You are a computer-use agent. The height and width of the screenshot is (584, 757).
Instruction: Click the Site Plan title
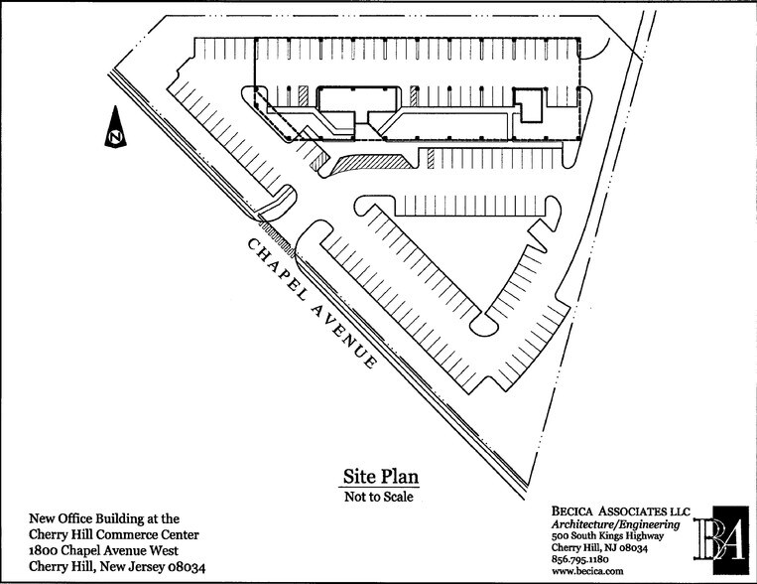click(381, 476)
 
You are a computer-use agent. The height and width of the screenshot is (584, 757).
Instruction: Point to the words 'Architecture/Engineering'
click(615, 523)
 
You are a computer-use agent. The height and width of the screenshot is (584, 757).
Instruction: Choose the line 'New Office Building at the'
click(105, 517)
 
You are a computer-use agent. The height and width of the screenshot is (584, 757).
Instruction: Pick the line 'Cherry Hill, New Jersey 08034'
click(117, 567)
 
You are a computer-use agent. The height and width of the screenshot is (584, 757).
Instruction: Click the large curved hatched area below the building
click(373, 162)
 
